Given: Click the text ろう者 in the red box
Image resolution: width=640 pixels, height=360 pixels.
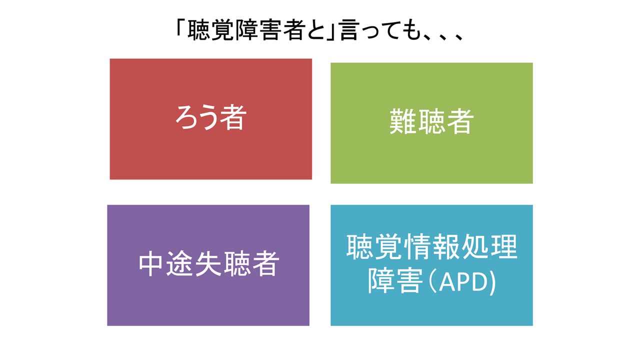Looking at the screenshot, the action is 211,117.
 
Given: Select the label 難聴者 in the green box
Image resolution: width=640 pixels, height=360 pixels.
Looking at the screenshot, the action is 431,121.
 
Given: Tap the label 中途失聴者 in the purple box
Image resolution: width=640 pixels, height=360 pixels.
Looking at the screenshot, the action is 209,263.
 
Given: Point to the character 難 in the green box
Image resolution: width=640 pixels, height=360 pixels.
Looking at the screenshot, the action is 403,121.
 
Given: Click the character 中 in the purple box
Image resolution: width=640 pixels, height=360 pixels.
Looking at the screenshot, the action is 151,263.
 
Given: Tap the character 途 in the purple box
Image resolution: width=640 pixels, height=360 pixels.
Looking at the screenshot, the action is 180,263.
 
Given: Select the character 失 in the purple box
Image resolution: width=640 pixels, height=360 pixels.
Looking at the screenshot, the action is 208,263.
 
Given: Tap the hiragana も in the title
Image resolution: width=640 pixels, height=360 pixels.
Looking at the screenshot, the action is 411,30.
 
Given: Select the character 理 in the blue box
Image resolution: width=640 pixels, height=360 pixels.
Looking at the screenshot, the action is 503,246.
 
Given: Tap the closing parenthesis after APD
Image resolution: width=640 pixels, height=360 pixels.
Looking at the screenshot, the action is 492,283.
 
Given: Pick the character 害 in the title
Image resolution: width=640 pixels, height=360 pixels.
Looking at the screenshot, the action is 270,30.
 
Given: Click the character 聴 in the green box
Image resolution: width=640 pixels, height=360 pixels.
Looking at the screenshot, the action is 431,121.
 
